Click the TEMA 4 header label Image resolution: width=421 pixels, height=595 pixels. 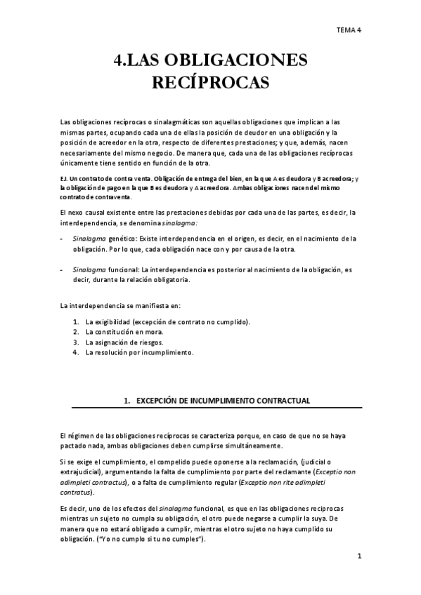pos(348,29)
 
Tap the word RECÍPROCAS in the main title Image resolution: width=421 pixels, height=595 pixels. pos(211,83)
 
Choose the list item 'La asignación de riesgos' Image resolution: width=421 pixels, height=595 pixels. pos(124,342)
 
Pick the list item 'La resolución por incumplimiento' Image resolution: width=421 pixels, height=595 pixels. pos(138,352)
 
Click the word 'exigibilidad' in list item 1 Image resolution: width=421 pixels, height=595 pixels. pos(115,321)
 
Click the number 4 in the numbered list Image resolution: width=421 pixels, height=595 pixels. pos(75,352)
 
